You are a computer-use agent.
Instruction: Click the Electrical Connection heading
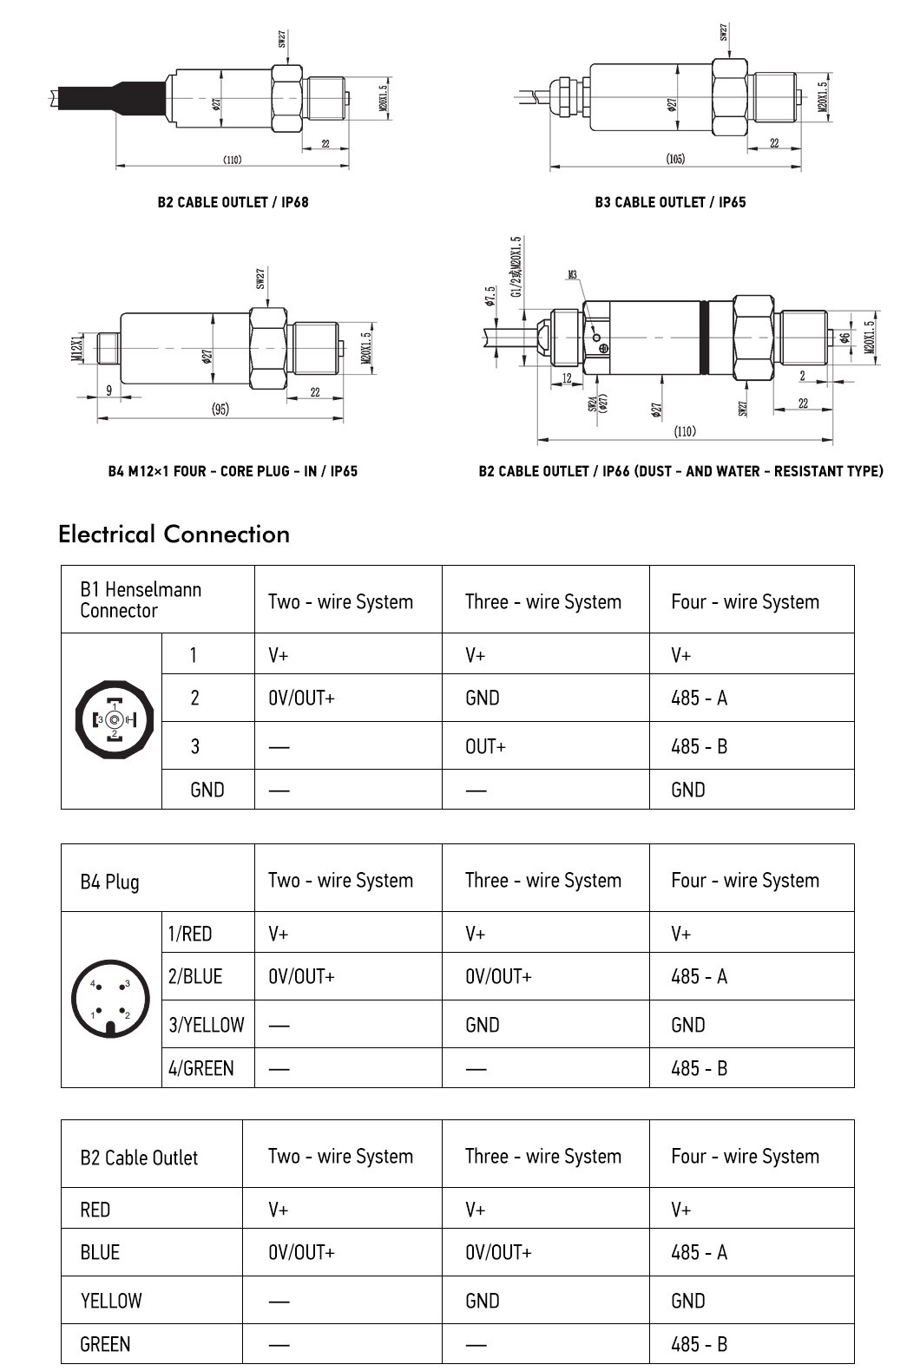174,534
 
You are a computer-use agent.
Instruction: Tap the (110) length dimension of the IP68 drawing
232,160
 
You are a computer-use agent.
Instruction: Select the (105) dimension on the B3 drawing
675,159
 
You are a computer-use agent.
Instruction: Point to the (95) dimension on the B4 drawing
220,410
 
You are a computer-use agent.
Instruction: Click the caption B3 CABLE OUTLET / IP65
670,202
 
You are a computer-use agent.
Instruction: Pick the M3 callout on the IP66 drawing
573,275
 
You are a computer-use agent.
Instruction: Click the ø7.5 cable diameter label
490,296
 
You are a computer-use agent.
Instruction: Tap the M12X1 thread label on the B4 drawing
76,346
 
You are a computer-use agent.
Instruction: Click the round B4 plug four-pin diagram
111,999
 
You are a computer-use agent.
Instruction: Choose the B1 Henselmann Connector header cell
141,600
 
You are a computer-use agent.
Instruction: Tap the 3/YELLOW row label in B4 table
207,1025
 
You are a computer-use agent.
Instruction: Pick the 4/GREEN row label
201,1068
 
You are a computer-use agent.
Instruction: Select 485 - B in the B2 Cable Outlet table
699,1344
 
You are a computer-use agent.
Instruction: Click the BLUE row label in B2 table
100,1252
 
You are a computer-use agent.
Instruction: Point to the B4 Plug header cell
109,882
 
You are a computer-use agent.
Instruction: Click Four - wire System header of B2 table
745,1156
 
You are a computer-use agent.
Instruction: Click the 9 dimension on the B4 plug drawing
109,390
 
